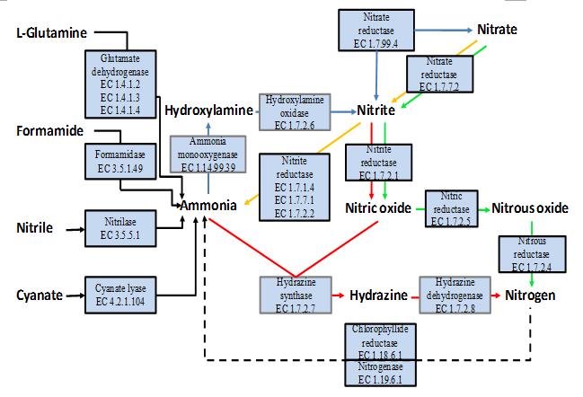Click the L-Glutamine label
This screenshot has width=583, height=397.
pos(51,33)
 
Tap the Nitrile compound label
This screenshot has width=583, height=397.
pos(33,229)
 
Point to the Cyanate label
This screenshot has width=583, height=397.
pos(38,295)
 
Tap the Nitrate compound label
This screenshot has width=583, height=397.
pos(497,30)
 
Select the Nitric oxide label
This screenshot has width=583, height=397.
pos(378,208)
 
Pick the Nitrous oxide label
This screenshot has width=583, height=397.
pos(530,208)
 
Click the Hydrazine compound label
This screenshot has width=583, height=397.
pos(379,295)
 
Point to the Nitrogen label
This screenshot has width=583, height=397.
pos(530,295)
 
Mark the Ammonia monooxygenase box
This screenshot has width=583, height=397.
pos(206,154)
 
